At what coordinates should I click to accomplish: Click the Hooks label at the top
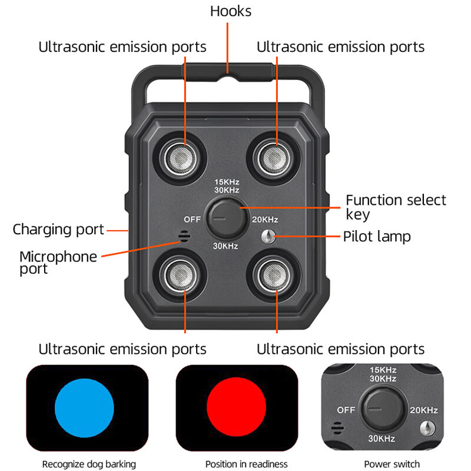click(230, 11)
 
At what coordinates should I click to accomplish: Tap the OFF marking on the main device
click(193, 219)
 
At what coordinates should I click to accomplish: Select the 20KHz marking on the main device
click(264, 220)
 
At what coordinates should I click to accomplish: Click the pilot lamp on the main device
click(268, 237)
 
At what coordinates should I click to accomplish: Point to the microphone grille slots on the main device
click(184, 237)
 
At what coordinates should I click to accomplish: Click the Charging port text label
click(58, 230)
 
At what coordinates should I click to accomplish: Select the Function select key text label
click(395, 207)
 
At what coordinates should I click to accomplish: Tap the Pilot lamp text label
click(385, 237)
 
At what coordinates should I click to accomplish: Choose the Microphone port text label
click(58, 263)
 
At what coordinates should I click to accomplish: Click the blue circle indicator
click(84, 408)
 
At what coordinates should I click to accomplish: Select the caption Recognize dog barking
click(89, 464)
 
